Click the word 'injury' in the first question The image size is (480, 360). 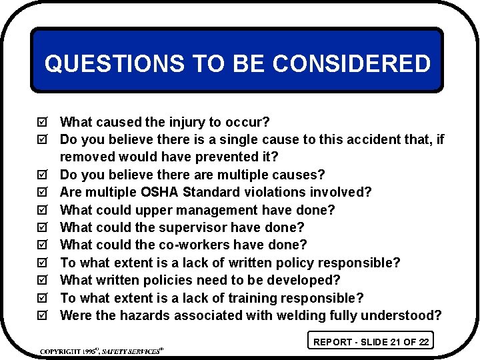pos(184,123)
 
